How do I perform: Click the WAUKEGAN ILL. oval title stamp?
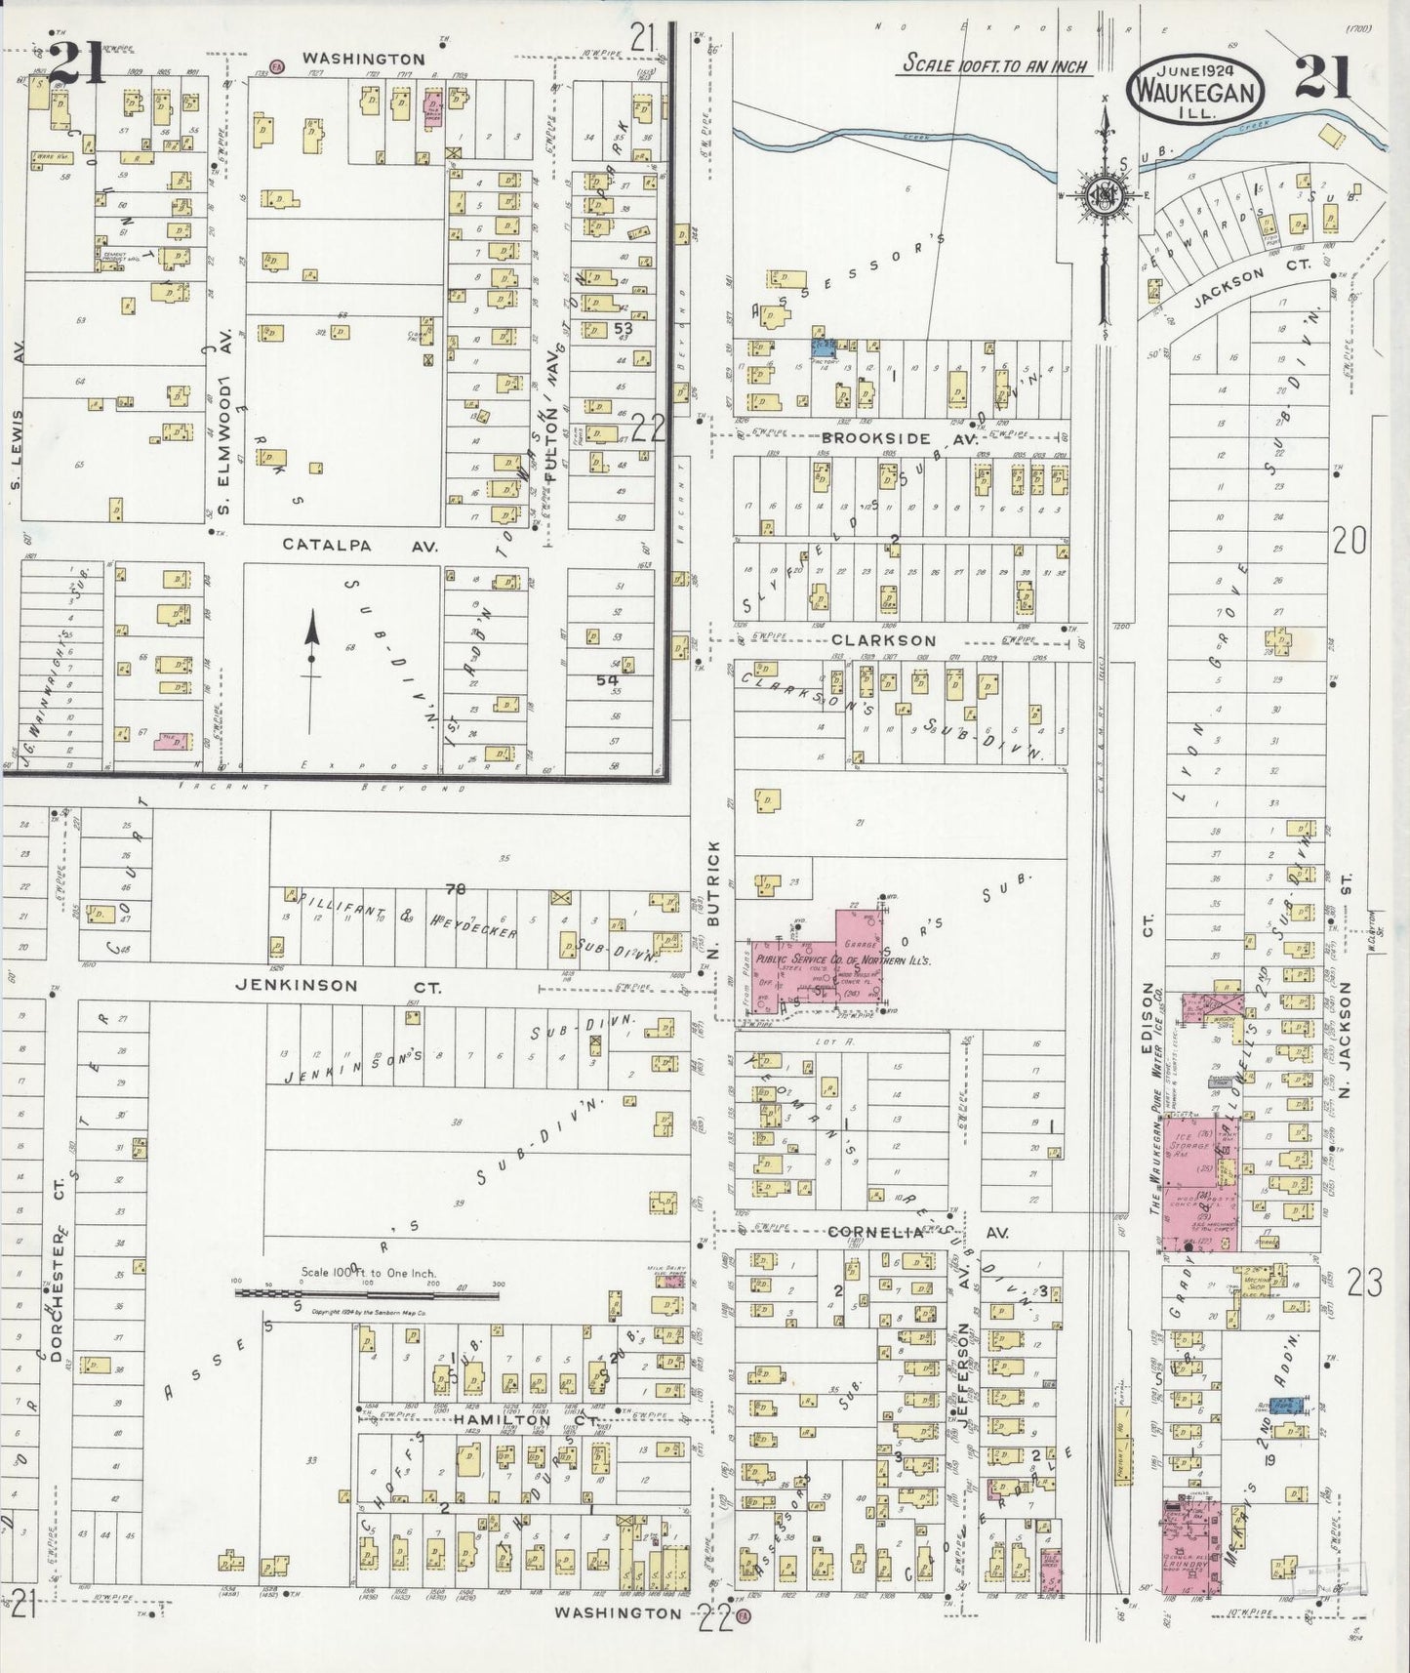[x=1196, y=88]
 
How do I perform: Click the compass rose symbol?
[x=1106, y=194]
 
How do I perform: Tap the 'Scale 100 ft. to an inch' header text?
[x=994, y=64]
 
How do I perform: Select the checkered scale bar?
[x=366, y=1294]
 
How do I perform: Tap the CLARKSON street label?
[x=883, y=640]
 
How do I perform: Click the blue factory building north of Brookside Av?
[x=825, y=346]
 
